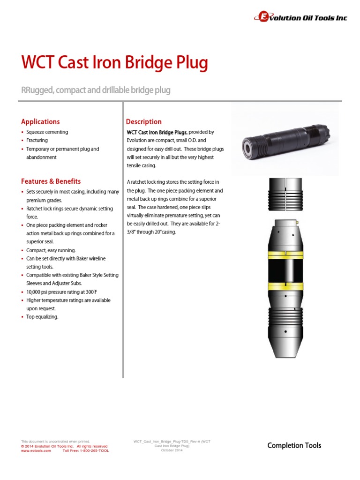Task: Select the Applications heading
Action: (40, 121)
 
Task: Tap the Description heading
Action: (144, 122)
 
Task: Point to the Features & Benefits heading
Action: (51, 181)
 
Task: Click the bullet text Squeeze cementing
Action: (47, 132)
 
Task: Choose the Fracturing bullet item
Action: (37, 141)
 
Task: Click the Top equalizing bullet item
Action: (42, 317)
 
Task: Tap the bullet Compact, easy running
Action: (51, 250)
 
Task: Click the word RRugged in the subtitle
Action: (37, 90)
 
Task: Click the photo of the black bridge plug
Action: (285, 140)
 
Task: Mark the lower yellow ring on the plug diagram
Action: (285, 286)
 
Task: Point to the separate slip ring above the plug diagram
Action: (285, 194)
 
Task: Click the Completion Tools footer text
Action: (294, 445)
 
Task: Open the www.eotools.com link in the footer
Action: (36, 450)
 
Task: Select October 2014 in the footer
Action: (172, 450)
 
